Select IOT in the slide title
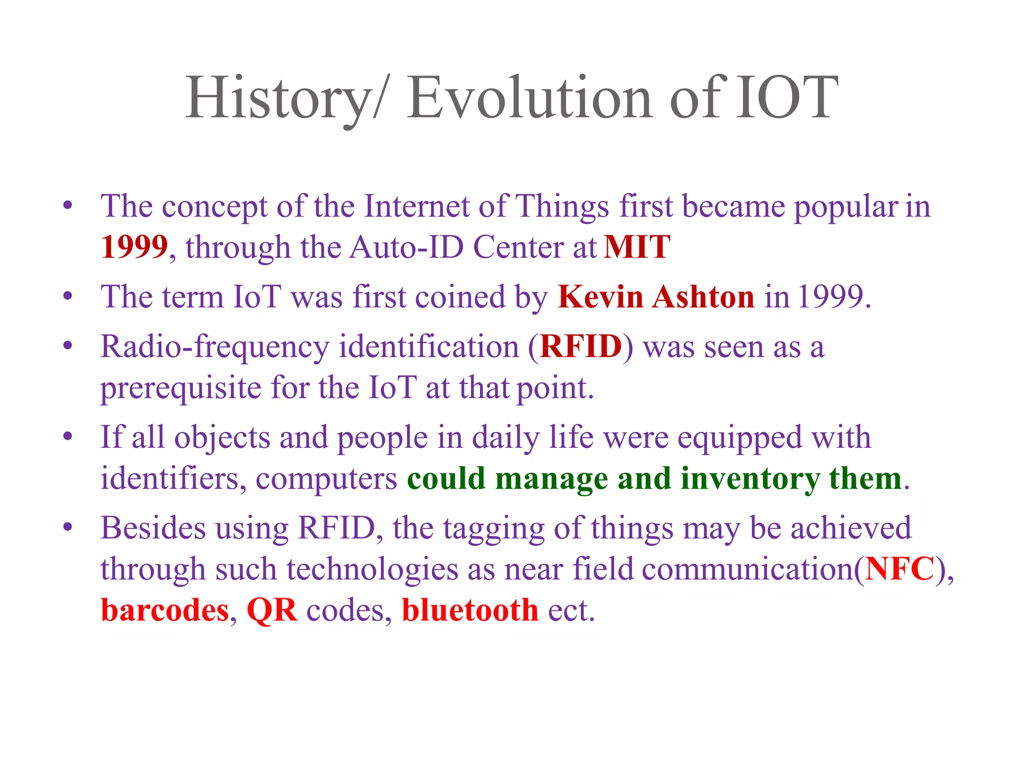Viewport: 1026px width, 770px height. (x=787, y=98)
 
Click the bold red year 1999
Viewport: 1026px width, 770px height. (x=134, y=247)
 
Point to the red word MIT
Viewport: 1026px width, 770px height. (x=637, y=247)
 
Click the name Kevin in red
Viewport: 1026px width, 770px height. (x=600, y=297)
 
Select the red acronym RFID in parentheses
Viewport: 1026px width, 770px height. (x=581, y=346)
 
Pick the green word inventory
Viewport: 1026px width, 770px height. (x=749, y=478)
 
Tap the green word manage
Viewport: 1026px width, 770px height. (x=552, y=478)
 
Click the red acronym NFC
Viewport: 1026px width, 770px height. (x=900, y=569)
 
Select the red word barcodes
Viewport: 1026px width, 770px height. (x=165, y=610)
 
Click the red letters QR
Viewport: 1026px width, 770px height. (x=272, y=610)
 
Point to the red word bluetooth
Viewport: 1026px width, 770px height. (x=470, y=610)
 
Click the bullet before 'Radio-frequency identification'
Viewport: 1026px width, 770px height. (x=68, y=345)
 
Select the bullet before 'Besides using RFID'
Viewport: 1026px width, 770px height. (x=68, y=527)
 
